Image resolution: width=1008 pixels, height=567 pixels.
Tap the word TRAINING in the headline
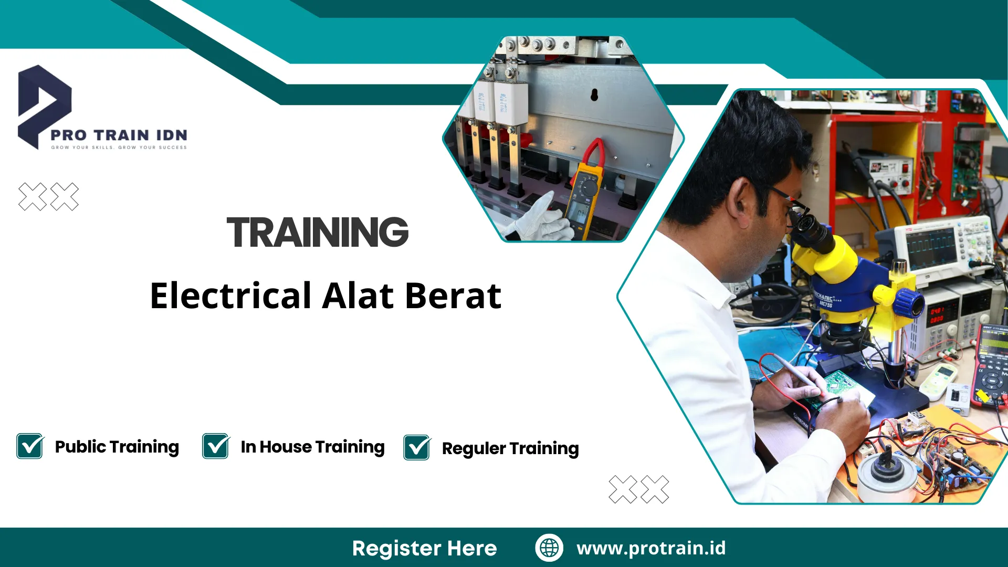pyautogui.click(x=318, y=233)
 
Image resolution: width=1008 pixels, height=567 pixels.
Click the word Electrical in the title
pyautogui.click(x=231, y=296)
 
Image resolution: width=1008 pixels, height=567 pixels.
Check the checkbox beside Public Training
pyautogui.click(x=30, y=446)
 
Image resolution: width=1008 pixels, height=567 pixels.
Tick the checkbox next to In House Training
pyautogui.click(x=216, y=446)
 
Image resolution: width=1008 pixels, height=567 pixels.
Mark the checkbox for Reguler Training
pyautogui.click(x=417, y=448)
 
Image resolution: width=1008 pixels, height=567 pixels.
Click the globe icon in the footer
pyautogui.click(x=549, y=548)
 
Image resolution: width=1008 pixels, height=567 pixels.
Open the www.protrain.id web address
pyautogui.click(x=651, y=548)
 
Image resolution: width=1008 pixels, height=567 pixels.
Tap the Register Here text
pyautogui.click(x=424, y=548)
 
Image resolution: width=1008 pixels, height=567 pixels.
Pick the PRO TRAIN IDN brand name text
pyautogui.click(x=119, y=135)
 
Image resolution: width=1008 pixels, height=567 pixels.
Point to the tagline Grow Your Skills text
pyautogui.click(x=119, y=148)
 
